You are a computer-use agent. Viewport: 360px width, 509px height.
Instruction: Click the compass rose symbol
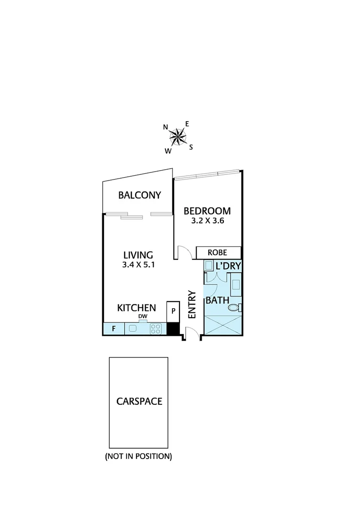(178, 137)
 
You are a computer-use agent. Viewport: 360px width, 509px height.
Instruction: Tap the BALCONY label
(139, 195)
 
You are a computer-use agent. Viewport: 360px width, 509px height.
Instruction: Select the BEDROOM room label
(207, 211)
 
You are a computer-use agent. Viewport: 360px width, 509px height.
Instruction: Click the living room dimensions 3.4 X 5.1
(139, 265)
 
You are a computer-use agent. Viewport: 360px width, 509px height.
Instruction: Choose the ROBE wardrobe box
(218, 253)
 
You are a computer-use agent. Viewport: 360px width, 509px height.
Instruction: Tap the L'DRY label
(228, 266)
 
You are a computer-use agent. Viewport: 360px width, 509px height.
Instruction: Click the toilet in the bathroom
(234, 308)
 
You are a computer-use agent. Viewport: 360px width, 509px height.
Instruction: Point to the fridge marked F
(114, 328)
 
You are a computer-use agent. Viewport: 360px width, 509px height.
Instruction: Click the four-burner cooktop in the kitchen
(155, 328)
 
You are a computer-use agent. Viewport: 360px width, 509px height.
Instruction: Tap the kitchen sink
(133, 328)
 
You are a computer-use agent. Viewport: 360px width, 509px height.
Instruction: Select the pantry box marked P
(173, 312)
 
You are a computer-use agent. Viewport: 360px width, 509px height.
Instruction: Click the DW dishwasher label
(143, 316)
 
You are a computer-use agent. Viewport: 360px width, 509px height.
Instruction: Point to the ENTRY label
(192, 304)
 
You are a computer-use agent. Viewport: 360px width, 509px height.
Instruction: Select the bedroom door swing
(184, 253)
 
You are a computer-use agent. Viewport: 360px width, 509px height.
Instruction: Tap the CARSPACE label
(139, 402)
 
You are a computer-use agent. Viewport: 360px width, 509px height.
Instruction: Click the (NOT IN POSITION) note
(139, 456)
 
